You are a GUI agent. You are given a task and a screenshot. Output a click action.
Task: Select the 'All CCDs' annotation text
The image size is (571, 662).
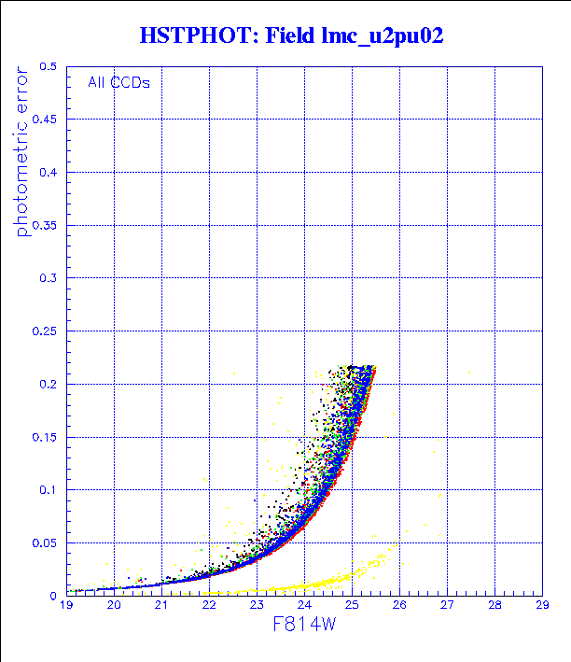click(x=118, y=82)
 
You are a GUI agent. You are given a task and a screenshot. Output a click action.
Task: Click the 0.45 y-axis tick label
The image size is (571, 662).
click(x=44, y=120)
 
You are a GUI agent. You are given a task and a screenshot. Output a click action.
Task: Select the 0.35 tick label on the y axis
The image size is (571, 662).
click(x=44, y=225)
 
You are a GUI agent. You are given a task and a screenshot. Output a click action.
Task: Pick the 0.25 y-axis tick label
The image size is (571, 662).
click(x=44, y=331)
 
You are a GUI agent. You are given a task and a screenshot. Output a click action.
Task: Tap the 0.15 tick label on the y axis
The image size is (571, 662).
click(x=44, y=437)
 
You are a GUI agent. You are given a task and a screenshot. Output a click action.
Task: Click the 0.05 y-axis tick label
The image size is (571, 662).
click(x=44, y=542)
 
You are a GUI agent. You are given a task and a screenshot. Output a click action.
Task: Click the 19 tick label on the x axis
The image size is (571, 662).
click(x=66, y=605)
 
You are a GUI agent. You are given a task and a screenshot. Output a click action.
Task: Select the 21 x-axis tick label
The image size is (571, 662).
click(x=161, y=605)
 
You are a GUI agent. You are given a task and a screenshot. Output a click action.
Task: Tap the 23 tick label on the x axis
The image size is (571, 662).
click(x=257, y=605)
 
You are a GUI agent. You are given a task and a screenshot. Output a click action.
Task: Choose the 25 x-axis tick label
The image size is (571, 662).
click(x=352, y=605)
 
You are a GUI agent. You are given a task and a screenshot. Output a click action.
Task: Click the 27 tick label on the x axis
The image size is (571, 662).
click(x=447, y=605)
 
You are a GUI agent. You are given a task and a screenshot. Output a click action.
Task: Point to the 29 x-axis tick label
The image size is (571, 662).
click(x=542, y=605)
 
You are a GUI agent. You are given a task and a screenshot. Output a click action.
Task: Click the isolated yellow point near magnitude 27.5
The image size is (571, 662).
click(x=469, y=373)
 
